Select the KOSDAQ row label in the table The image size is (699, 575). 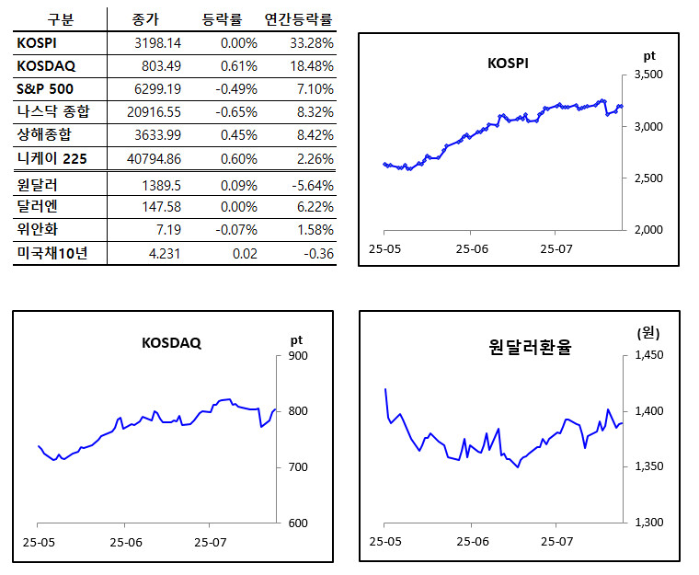click(x=46, y=65)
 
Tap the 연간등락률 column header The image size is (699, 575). click(x=299, y=19)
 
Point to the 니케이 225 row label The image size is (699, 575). click(x=52, y=159)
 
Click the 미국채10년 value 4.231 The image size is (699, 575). click(x=165, y=254)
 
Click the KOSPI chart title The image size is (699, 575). click(x=508, y=63)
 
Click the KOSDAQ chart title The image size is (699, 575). click(x=171, y=343)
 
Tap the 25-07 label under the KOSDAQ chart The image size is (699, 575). click(x=211, y=542)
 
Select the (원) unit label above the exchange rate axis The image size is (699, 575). click(x=647, y=333)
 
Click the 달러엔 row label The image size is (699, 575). click(x=38, y=208)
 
